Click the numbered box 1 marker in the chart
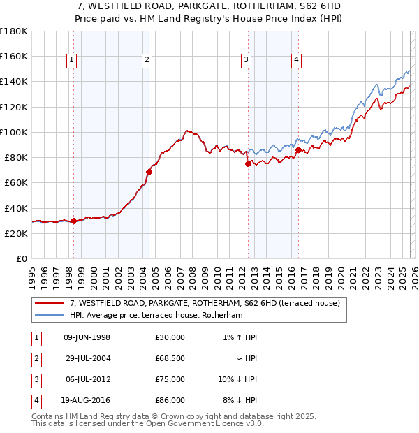pos(73,61)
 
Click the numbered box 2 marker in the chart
pos(147,61)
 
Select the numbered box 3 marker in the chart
pos(247,61)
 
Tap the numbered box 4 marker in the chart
pos(297,61)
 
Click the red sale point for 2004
pos(149,171)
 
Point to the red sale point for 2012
pos(247,163)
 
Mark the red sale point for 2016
pos(298,149)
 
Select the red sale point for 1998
pos(73,221)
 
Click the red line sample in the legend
pos(50,303)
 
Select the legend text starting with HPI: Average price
pos(155,316)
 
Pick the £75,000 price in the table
pos(170,379)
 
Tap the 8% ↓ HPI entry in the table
pos(240,400)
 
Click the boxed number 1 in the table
pos(36,337)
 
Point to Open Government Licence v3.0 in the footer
pos(203,424)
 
